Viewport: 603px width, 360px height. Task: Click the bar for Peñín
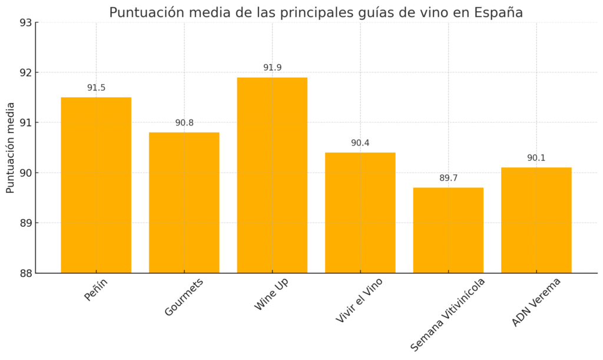(x=96, y=185)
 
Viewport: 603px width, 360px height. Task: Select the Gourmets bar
(x=184, y=203)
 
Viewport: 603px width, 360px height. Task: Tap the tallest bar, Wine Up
(x=272, y=175)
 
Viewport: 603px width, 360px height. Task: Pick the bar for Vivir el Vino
(x=360, y=213)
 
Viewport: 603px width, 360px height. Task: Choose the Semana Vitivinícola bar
(x=448, y=230)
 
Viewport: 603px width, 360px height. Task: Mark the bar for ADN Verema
(x=536, y=220)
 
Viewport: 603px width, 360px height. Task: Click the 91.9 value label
(x=272, y=68)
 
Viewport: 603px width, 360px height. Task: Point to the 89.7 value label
(x=448, y=178)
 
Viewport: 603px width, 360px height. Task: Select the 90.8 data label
(x=184, y=123)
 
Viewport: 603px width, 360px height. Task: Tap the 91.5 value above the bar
(x=96, y=88)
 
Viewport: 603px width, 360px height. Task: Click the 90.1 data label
(x=536, y=158)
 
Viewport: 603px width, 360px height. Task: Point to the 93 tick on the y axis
(x=25, y=23)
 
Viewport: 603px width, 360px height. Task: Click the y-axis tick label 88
(x=25, y=273)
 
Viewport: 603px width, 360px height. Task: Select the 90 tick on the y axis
(x=25, y=173)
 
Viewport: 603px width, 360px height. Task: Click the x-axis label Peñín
(x=96, y=290)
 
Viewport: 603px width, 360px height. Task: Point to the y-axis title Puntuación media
(x=11, y=148)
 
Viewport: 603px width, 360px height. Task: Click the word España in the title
(x=499, y=12)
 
